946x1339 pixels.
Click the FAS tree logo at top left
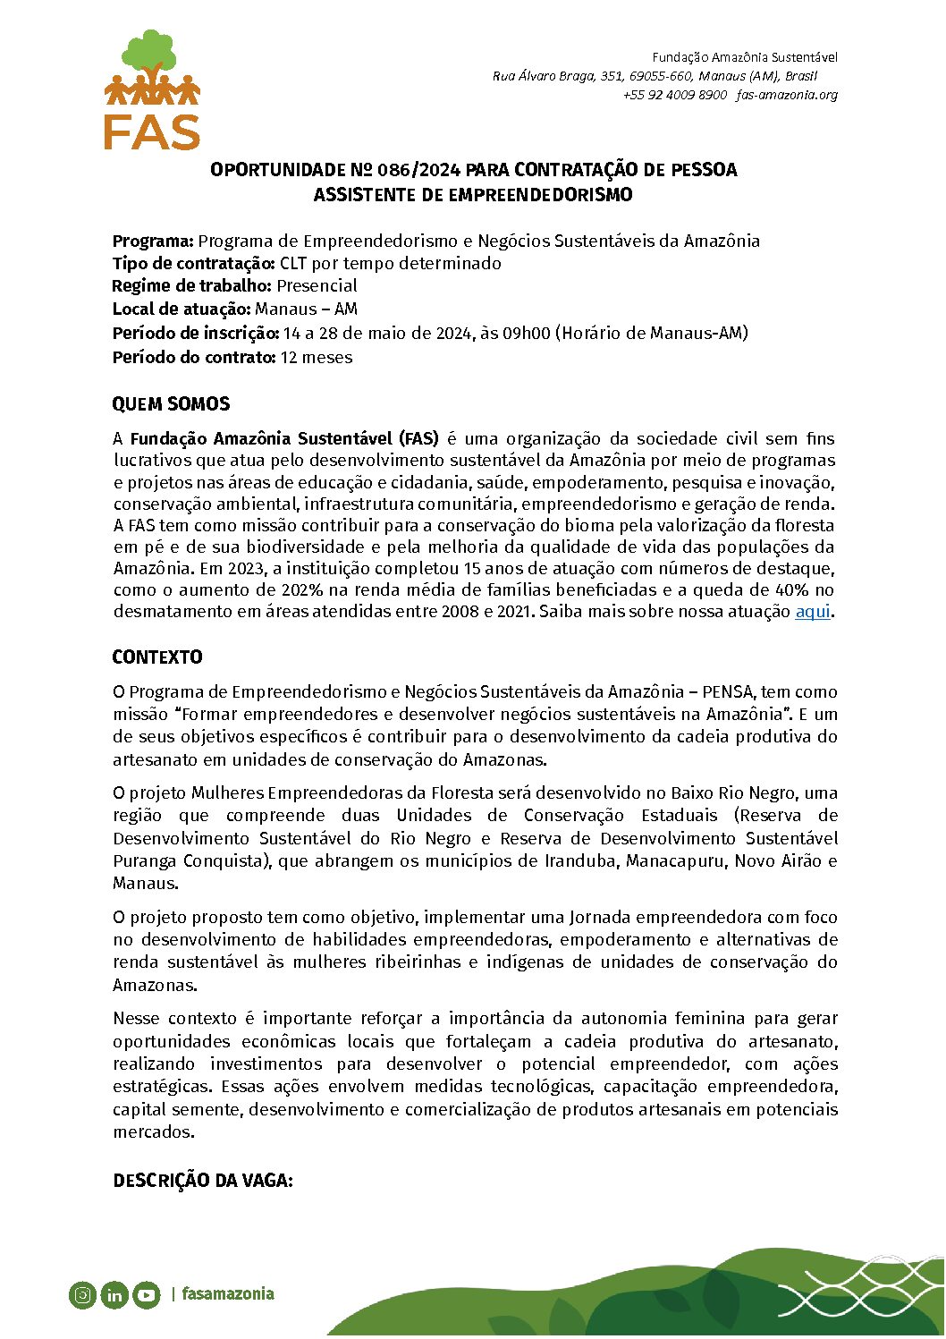point(152,89)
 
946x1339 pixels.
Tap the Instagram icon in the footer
point(82,1294)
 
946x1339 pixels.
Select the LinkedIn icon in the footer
point(114,1294)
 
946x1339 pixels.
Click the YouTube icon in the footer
point(147,1294)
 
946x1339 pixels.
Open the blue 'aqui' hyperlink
point(813,612)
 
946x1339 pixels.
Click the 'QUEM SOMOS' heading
point(171,404)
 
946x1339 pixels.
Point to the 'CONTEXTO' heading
point(157,657)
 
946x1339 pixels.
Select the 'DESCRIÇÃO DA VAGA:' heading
point(203,1181)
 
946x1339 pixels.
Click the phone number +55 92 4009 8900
point(675,95)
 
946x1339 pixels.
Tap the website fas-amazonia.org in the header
point(787,95)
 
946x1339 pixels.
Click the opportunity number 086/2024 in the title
point(418,170)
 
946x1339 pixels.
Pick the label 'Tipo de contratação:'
point(193,264)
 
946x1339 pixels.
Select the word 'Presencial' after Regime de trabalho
point(317,286)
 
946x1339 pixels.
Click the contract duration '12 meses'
point(317,358)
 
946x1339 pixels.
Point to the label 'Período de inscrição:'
point(196,334)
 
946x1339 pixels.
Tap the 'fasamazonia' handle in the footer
point(228,1294)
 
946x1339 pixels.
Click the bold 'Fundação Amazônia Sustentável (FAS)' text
point(284,439)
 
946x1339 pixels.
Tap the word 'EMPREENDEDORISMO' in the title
point(540,195)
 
